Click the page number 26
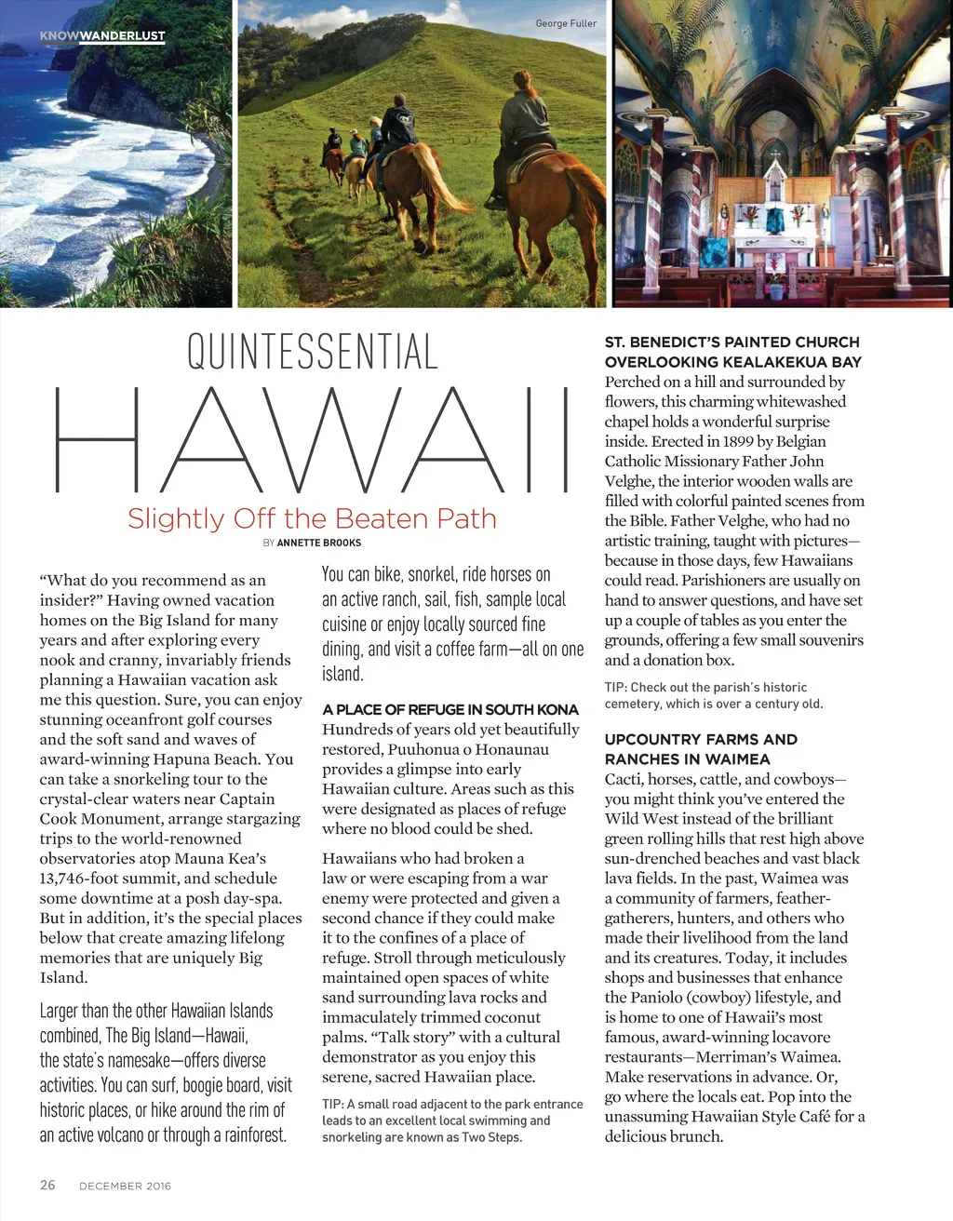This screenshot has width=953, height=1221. [47, 1185]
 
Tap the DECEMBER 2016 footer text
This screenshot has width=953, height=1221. [125, 1186]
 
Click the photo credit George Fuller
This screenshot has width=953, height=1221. [566, 23]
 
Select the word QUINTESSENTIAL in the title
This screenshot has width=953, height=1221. [313, 352]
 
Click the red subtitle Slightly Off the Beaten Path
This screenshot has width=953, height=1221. [312, 518]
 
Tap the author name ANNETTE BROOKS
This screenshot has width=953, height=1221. [319, 543]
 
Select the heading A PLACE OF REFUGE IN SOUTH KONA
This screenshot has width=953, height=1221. [450, 709]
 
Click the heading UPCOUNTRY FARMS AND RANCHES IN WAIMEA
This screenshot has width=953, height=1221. [700, 749]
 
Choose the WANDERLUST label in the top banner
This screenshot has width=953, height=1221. [123, 36]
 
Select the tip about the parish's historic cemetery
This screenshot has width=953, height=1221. [713, 695]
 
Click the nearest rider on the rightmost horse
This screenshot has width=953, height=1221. [527, 130]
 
